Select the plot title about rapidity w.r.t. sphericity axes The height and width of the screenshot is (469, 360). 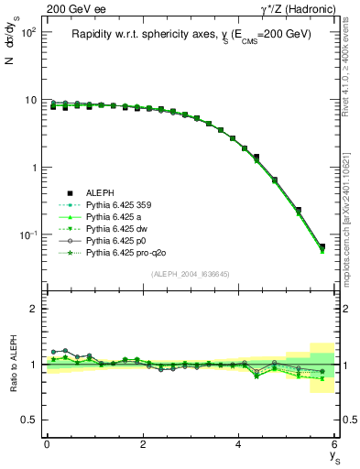pyautogui.click(x=191, y=34)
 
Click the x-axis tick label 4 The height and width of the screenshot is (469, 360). pyautogui.click(x=239, y=444)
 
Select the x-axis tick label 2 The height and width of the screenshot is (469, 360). pyautogui.click(x=143, y=444)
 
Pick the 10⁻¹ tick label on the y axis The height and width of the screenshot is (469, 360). pyautogui.click(x=27, y=235)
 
